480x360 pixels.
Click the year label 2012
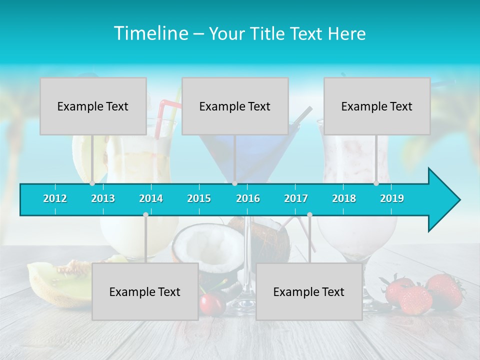pyautogui.click(x=55, y=198)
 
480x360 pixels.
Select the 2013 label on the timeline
pyautogui.click(x=103, y=198)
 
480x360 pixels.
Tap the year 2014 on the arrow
pyautogui.click(x=151, y=198)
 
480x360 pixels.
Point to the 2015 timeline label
pyautogui.click(x=199, y=198)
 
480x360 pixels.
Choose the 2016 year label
pyautogui.click(x=248, y=198)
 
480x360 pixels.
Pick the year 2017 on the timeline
pyautogui.click(x=296, y=198)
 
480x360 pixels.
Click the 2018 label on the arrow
pyautogui.click(x=344, y=198)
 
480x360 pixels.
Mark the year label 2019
pyautogui.click(x=392, y=198)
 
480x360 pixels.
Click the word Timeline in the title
pyautogui.click(x=150, y=33)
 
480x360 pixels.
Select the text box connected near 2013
pyautogui.click(x=93, y=106)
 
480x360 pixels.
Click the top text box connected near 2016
pyautogui.click(x=235, y=106)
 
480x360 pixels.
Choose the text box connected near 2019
pyautogui.click(x=377, y=106)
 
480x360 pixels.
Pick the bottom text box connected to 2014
pyautogui.click(x=145, y=291)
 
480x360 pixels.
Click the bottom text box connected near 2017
pyautogui.click(x=309, y=291)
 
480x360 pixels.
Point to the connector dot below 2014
pyautogui.click(x=145, y=214)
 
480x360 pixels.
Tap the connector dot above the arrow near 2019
pyautogui.click(x=376, y=183)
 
